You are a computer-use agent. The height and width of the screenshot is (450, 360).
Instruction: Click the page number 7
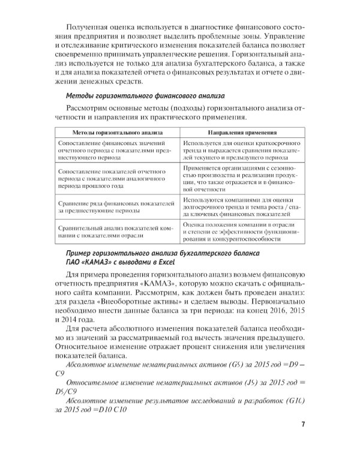pos(304,425)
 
